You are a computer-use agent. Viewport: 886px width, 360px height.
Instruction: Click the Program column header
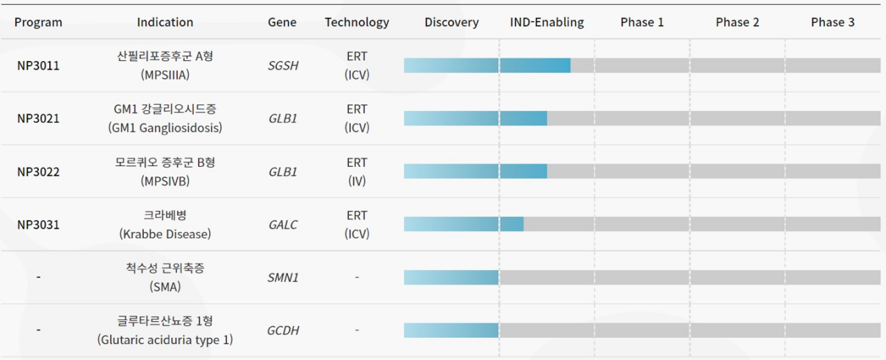point(38,22)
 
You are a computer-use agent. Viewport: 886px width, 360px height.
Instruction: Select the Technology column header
point(356,23)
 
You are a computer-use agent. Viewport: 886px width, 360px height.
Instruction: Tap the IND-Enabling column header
point(547,23)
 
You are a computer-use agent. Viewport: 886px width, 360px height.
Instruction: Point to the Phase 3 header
point(833,22)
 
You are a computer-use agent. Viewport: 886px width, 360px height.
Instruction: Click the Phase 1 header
point(642,22)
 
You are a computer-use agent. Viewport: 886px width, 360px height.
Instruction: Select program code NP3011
point(38,65)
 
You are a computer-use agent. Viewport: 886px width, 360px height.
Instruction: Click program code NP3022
point(38,172)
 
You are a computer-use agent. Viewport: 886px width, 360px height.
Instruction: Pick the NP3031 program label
point(38,225)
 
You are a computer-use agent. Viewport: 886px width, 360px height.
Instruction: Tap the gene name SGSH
point(283,65)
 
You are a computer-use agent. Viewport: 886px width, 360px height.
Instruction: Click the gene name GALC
point(283,225)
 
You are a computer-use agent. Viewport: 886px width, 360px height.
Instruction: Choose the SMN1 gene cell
point(283,278)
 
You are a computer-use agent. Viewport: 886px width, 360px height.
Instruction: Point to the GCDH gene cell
point(283,330)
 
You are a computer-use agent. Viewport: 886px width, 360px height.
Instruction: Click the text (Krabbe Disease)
point(165,234)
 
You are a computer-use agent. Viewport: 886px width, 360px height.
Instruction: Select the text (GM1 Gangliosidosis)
point(165,128)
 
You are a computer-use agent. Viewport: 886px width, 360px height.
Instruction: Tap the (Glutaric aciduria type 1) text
point(165,340)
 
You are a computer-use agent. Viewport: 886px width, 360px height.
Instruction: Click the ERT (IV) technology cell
point(356,172)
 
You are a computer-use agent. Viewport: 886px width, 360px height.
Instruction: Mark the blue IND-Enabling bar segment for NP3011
point(535,65)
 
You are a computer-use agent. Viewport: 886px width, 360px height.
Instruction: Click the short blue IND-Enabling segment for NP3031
point(512,224)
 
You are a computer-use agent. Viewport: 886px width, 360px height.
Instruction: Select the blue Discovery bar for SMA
point(451,278)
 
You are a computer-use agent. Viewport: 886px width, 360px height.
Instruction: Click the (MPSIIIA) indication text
point(165,75)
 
